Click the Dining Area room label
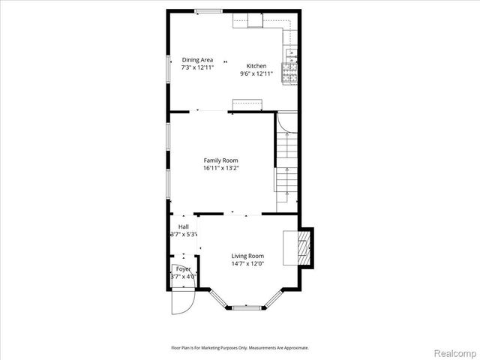(x=198, y=60)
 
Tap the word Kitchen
(x=257, y=66)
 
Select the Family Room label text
(x=221, y=160)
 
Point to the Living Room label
(x=247, y=256)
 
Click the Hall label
(x=183, y=226)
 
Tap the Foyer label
(x=183, y=268)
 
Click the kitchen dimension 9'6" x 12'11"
(x=257, y=73)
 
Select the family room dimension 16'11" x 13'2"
(x=221, y=169)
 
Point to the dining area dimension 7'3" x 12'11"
(x=198, y=67)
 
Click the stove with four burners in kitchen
(x=289, y=72)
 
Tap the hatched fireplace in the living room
(x=304, y=247)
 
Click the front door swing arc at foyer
(x=181, y=301)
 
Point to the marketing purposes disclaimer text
(x=240, y=348)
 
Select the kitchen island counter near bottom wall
(x=245, y=104)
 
